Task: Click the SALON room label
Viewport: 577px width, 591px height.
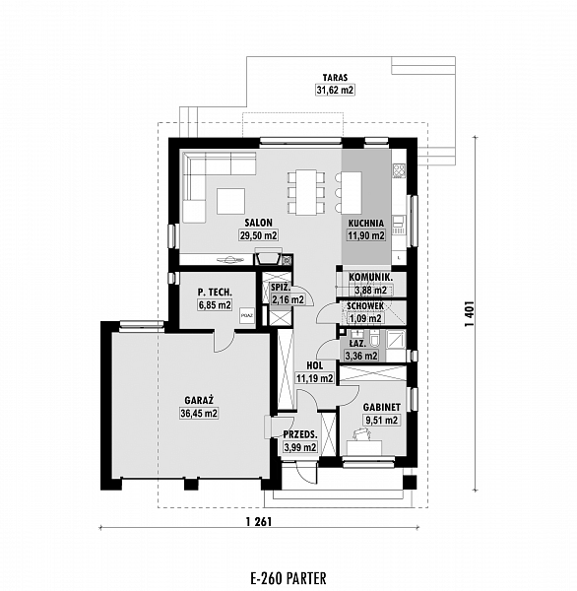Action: (258, 223)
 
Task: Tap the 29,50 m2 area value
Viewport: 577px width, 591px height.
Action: (259, 235)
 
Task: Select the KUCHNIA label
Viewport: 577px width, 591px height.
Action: (366, 223)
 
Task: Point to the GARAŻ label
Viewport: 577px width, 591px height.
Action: (199, 400)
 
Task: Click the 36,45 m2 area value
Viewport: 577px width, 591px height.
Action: (199, 413)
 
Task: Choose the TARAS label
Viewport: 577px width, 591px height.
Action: (335, 78)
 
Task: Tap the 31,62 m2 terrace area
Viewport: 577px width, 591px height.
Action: (335, 90)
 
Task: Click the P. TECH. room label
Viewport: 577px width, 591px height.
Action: (215, 292)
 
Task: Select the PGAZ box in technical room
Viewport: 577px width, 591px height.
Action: (247, 315)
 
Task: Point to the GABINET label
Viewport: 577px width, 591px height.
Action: (382, 407)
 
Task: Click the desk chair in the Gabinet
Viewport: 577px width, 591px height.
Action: (361, 433)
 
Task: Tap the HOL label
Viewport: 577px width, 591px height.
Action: (315, 365)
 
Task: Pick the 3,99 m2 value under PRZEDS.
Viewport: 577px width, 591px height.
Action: (300, 447)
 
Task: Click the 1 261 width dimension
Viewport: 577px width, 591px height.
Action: (259, 522)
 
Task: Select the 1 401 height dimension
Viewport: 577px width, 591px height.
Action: (469, 313)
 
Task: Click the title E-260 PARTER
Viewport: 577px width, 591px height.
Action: (288, 578)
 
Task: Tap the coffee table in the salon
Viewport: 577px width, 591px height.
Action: (230, 201)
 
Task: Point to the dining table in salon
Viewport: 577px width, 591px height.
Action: (306, 193)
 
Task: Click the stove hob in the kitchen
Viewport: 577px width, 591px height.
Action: (399, 170)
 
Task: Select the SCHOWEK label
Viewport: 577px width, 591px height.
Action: (365, 305)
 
